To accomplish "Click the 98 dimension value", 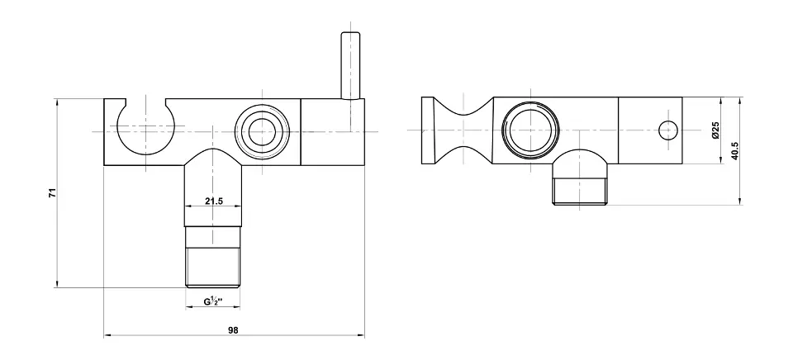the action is coord(233,330).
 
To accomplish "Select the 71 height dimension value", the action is coord(53,192).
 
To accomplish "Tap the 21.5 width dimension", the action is coord(213,201).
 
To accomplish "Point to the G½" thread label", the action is coord(214,302).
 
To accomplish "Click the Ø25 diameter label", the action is coord(715,130).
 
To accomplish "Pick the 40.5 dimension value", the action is coord(735,151).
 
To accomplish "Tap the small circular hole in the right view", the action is coord(668,131).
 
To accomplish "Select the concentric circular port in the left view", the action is coord(263,132).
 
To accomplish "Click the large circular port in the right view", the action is coord(530,130).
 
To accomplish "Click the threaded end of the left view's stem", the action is coord(213,268).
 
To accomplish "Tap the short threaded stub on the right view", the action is coord(580,192).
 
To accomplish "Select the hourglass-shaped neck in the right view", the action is coord(463,130).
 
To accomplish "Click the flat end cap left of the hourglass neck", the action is coord(428,130).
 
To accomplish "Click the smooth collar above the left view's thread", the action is coord(213,237).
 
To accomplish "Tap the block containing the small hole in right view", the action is coord(650,130).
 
